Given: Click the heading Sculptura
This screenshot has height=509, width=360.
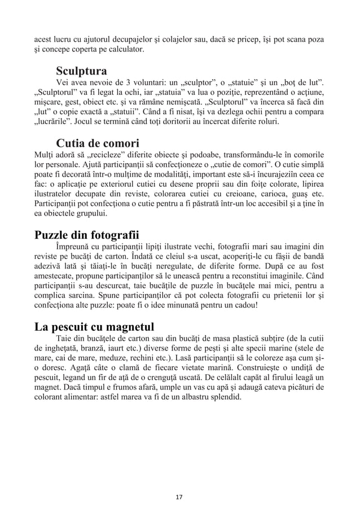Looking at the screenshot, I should pyautogui.click(x=82, y=72).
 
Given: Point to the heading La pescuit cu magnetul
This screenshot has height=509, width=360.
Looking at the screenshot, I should pyautogui.click(x=94, y=327).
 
